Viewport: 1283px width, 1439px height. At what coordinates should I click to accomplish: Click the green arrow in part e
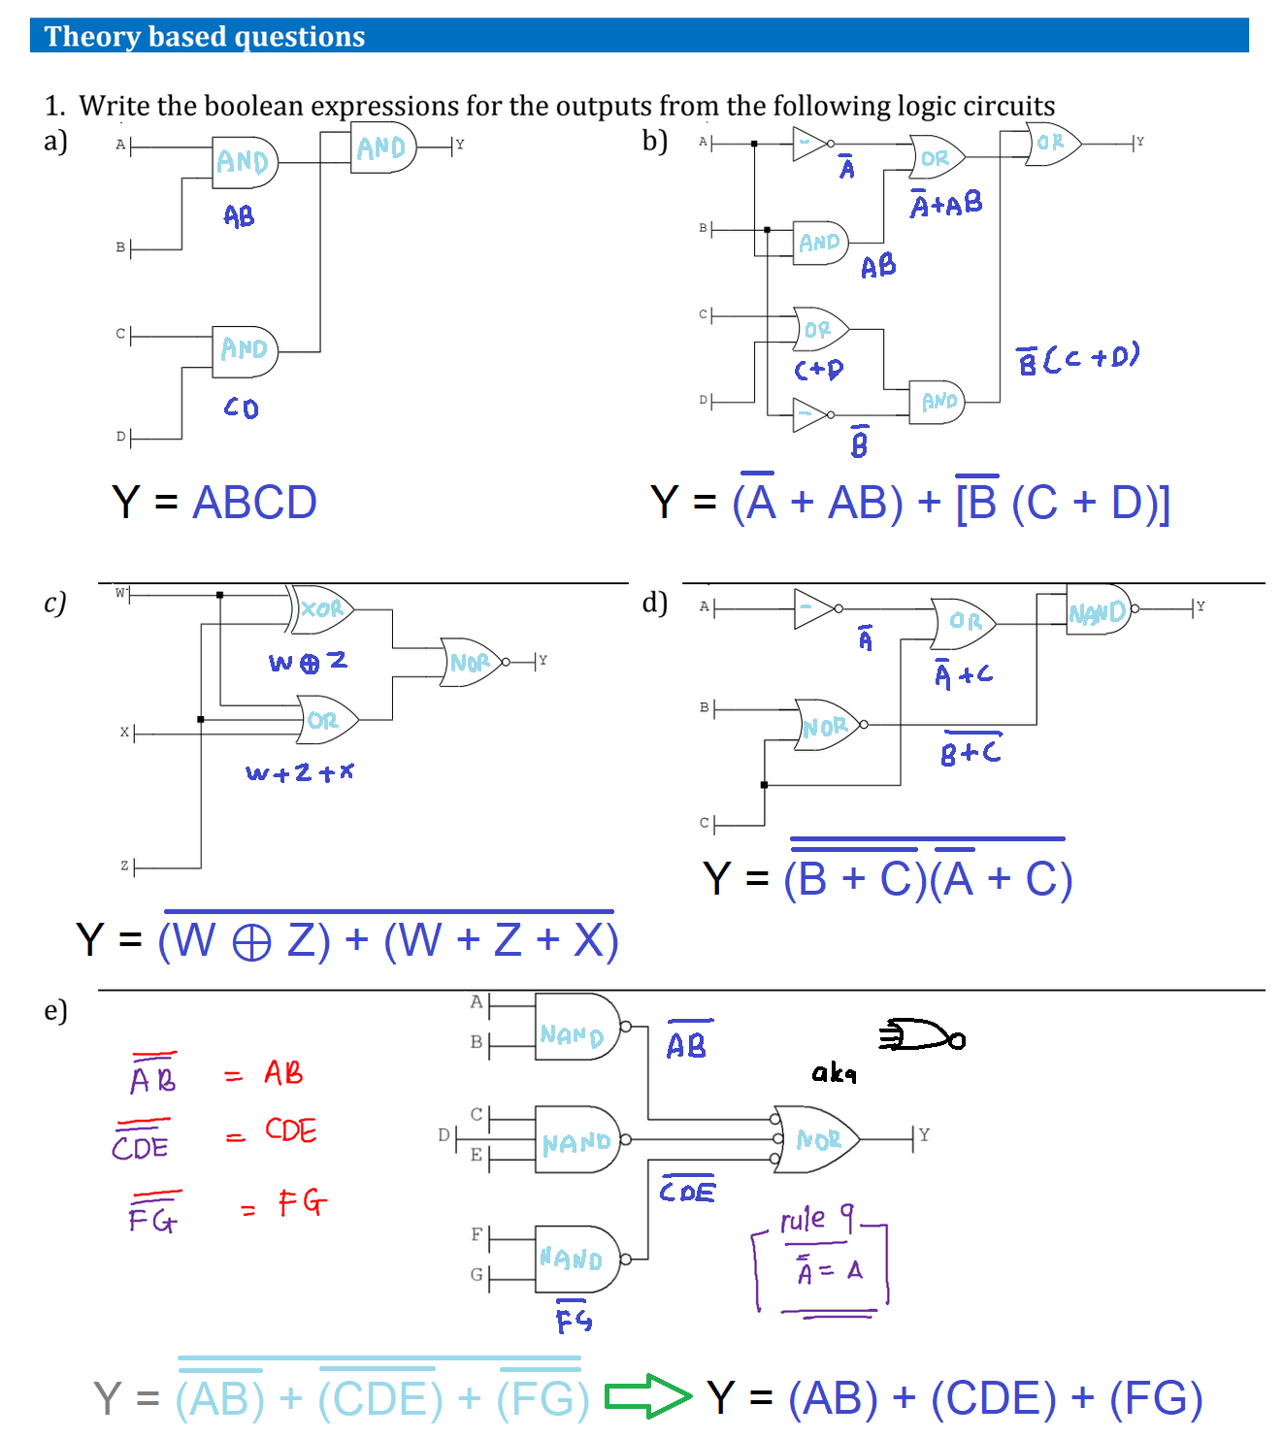click(647, 1396)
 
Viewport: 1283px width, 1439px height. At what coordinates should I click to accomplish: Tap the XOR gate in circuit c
click(322, 608)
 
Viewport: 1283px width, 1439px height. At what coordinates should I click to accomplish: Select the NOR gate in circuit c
click(472, 662)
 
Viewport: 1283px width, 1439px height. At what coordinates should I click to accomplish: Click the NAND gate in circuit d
click(1099, 610)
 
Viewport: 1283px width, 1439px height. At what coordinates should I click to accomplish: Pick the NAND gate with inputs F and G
click(576, 1259)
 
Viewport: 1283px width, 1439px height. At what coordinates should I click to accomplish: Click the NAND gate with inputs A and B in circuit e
click(576, 1027)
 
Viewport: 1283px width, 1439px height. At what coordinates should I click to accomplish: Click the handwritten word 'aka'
click(834, 1072)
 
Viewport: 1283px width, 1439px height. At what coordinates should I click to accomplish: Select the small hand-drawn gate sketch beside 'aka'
click(922, 1036)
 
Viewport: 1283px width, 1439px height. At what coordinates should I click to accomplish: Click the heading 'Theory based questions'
click(205, 37)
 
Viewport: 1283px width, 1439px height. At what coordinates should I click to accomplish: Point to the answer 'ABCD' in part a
click(254, 503)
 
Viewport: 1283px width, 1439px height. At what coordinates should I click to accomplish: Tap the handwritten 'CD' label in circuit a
click(242, 408)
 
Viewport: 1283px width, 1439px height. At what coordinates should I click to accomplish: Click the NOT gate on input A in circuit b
click(810, 144)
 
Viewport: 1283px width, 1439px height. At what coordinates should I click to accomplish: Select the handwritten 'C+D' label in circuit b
click(818, 370)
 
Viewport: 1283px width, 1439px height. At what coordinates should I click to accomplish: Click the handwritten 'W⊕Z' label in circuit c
click(308, 662)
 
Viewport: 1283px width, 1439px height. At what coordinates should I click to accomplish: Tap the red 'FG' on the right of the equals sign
click(302, 1203)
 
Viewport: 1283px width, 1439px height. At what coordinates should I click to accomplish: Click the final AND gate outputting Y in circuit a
click(382, 147)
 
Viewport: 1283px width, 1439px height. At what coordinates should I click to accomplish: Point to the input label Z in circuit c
click(124, 866)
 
